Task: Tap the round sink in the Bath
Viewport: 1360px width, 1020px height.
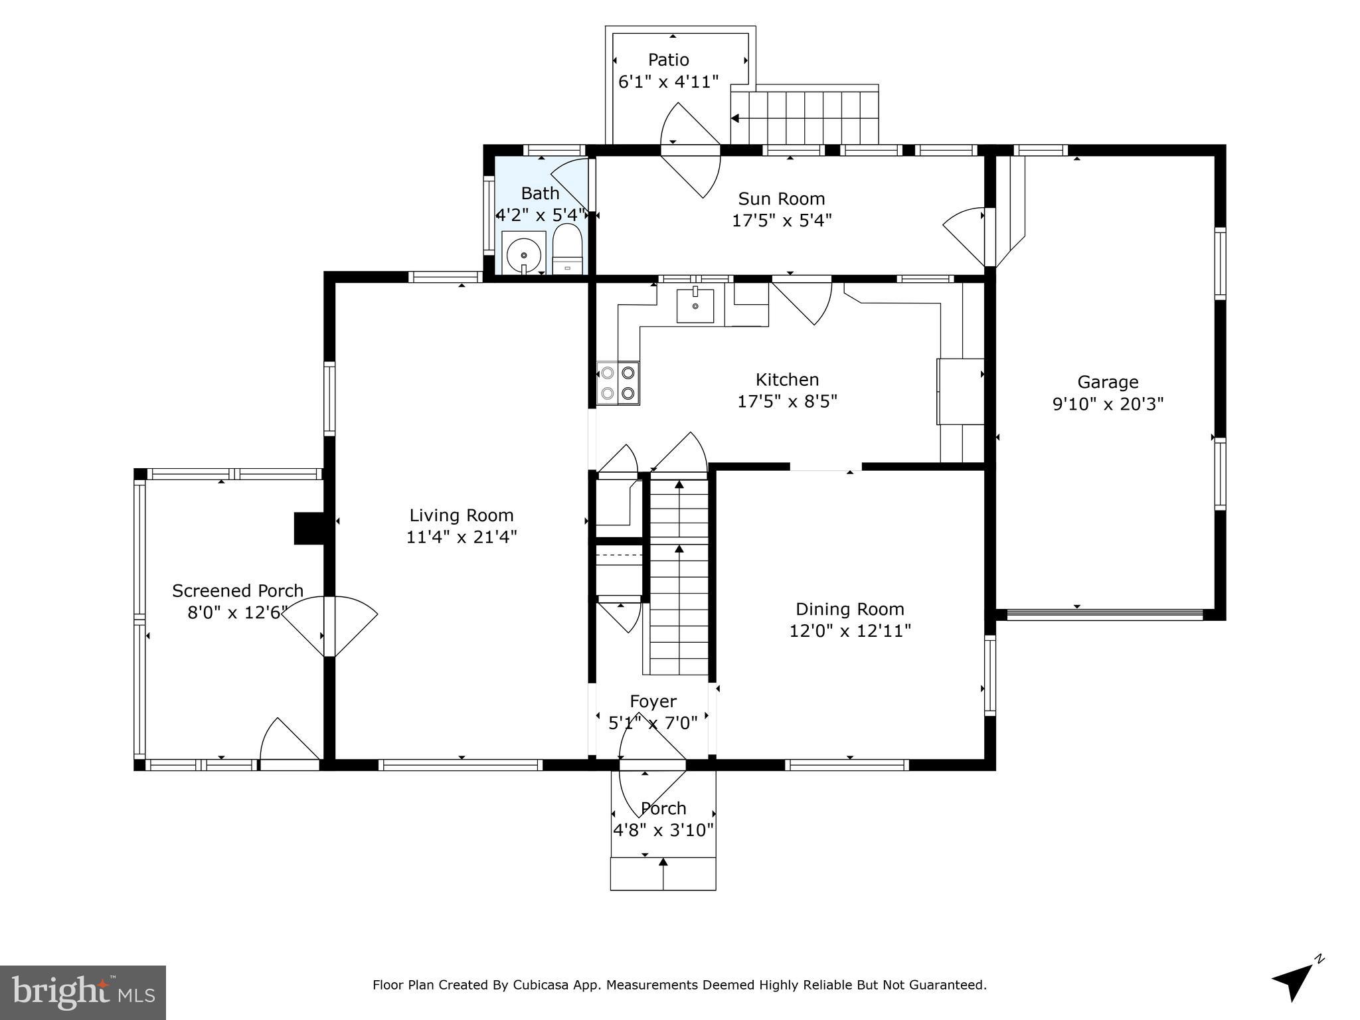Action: [523, 254]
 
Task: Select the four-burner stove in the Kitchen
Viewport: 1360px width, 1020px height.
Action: [618, 383]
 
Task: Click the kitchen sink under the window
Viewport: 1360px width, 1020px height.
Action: [695, 306]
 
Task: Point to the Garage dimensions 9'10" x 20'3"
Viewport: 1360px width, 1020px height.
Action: [1108, 404]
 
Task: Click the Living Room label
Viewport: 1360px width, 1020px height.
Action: [461, 515]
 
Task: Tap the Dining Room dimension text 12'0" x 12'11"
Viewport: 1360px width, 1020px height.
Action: [849, 630]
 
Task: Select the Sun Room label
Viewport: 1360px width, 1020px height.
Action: [782, 199]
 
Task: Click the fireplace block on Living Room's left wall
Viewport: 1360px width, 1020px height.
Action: [308, 529]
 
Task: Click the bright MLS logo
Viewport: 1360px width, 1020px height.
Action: [83, 993]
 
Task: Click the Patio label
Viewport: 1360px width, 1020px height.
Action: [668, 60]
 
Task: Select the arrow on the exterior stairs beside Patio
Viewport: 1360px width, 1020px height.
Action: [735, 119]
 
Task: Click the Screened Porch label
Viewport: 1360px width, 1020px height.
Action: [237, 590]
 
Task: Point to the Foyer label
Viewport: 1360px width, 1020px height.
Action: [653, 701]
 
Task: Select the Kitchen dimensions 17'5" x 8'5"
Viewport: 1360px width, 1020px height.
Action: [787, 401]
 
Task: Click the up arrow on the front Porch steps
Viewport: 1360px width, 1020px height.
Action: [663, 863]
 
